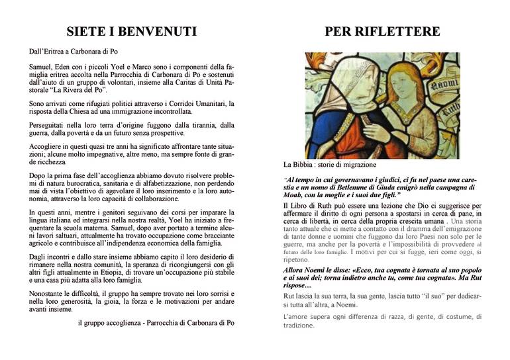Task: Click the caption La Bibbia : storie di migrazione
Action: coord(329,164)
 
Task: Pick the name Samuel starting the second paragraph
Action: coord(41,66)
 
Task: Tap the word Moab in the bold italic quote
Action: coord(295,197)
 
